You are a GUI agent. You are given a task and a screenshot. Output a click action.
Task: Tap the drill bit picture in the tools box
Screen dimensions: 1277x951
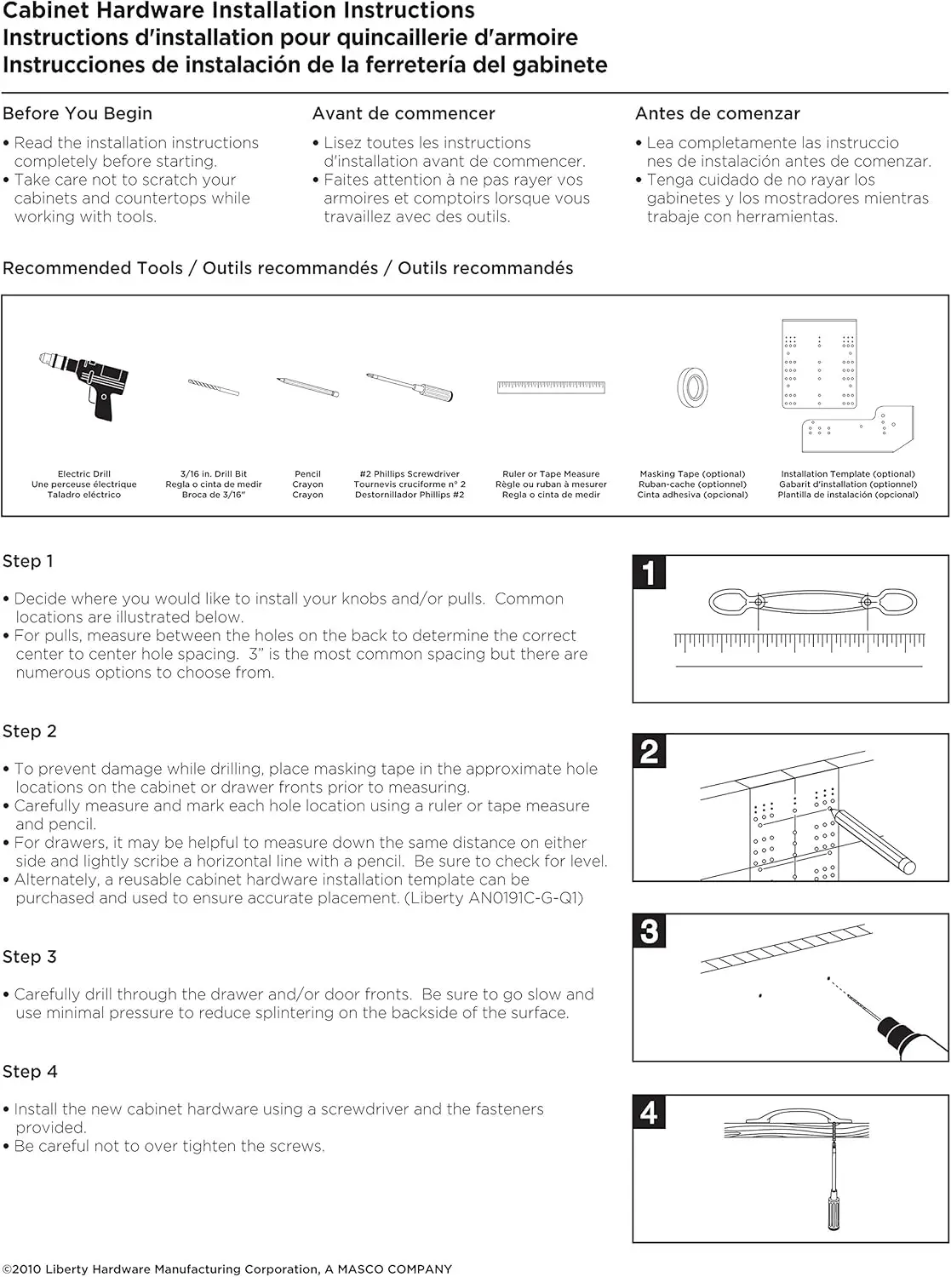click(x=214, y=387)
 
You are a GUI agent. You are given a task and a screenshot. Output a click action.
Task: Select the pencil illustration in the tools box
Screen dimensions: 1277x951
click(x=307, y=387)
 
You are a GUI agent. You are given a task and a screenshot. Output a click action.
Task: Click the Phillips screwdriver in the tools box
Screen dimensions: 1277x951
click(x=410, y=386)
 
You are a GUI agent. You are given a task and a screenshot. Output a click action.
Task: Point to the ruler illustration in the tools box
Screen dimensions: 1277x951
click(x=551, y=387)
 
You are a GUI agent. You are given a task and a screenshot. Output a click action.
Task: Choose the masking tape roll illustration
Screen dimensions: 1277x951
click(x=692, y=387)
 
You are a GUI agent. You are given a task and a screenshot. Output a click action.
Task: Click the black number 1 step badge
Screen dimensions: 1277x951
click(x=650, y=573)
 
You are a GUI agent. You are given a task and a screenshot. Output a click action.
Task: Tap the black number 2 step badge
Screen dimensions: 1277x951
click(x=650, y=752)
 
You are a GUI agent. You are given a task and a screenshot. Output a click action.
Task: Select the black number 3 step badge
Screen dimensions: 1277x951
click(x=650, y=931)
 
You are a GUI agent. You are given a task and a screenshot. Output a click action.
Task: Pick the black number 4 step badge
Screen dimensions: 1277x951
click(x=650, y=1113)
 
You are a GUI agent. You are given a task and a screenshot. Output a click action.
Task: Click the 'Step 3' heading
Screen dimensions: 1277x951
click(x=30, y=957)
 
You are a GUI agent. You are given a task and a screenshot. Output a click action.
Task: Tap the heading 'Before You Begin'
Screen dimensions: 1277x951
click(x=77, y=113)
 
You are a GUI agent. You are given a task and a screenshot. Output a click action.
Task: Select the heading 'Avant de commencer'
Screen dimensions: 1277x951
click(x=404, y=113)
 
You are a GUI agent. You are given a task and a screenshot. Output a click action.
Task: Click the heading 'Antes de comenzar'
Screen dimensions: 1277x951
click(x=718, y=113)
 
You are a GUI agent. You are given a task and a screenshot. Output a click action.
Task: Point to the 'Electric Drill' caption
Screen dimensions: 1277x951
click(x=84, y=474)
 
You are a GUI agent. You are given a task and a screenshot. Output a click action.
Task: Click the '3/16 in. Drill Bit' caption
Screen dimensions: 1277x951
click(x=214, y=474)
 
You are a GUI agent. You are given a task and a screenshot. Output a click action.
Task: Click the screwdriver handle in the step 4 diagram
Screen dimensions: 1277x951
click(x=834, y=1213)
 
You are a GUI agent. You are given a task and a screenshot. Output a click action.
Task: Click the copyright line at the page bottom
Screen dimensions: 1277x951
click(x=227, y=1268)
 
